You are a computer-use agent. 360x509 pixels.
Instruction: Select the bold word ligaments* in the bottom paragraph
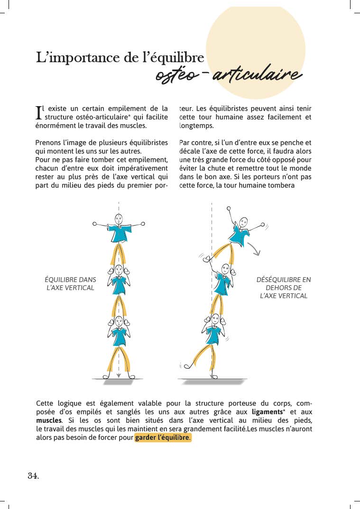pos(268,412)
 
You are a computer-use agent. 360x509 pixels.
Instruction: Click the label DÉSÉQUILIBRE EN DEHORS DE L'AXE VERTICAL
pos(284,288)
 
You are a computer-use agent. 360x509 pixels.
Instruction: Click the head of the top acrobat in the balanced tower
pos(119,219)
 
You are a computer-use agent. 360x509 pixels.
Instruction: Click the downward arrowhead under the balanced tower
pos(119,375)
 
